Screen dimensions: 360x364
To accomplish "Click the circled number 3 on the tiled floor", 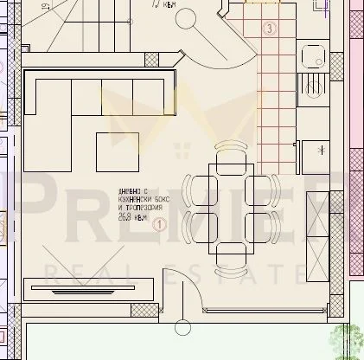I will (271, 29).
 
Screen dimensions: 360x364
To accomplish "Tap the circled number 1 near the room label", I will (160, 225).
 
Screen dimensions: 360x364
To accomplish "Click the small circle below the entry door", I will (182, 327).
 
